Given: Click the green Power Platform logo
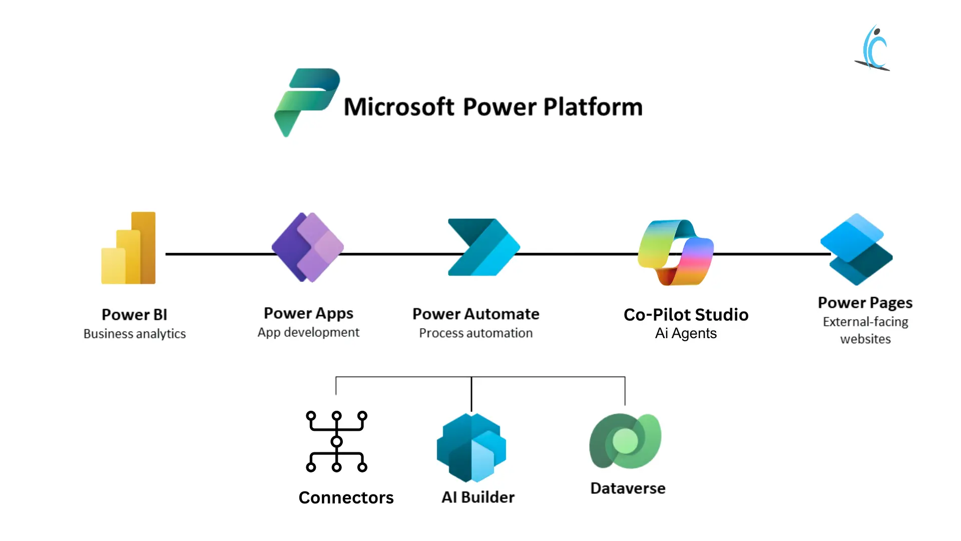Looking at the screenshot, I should point(306,100).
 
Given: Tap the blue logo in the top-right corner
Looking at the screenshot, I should point(873,48).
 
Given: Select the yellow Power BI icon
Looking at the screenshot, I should point(129,249).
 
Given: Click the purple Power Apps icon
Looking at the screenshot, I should point(308,247).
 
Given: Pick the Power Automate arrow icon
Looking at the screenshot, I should point(483,247).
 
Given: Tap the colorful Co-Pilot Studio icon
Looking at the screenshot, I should point(676,252).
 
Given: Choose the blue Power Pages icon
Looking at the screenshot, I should point(856,249).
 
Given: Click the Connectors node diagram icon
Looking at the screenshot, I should point(336,441).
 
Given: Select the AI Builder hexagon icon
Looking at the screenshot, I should point(471,447).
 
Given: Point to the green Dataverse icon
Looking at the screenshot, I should point(625,441).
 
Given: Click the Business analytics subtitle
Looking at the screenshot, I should point(135,334).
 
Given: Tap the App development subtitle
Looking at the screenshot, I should point(308,332).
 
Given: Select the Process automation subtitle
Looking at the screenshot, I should point(475,333).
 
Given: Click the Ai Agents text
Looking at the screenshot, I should point(686,334).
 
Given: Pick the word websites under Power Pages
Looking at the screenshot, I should point(865,339).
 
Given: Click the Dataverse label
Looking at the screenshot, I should point(628,488).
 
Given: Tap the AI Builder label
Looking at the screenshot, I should point(478,497).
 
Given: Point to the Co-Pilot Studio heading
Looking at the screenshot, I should point(686,315).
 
